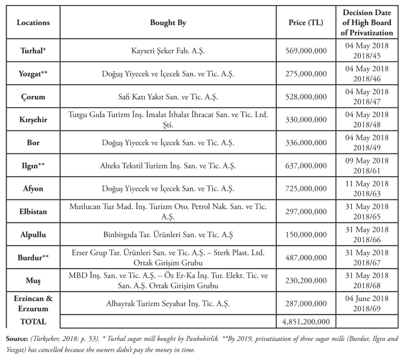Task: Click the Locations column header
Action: tap(33, 23)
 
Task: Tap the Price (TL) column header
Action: tap(306, 23)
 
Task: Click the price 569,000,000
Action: tap(306, 51)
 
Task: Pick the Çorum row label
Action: tap(33, 97)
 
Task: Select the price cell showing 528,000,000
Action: tap(306, 97)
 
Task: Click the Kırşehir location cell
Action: tap(33, 119)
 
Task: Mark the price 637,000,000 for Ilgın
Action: tap(306, 166)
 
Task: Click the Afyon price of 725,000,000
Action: tap(306, 189)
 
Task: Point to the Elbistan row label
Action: tap(33, 212)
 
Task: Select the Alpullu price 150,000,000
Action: tap(306, 234)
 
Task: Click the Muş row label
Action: tap(33, 280)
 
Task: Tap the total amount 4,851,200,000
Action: tap(306, 322)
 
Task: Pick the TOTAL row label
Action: tap(33, 322)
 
